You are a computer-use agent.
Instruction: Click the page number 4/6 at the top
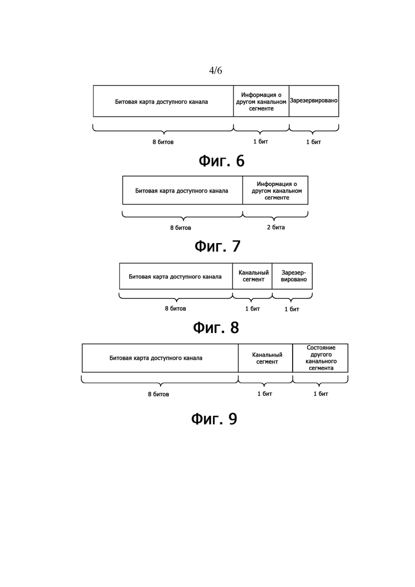(215, 70)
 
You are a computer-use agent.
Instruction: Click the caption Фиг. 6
(221, 161)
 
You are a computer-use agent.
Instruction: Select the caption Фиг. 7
(218, 246)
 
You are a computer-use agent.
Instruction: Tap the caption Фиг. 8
(216, 328)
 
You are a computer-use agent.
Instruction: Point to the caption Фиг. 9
(214, 418)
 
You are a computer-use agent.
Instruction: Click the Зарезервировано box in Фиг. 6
(314, 101)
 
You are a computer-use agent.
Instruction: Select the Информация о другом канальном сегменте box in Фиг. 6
(261, 101)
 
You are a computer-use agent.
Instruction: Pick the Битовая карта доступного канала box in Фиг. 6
(163, 101)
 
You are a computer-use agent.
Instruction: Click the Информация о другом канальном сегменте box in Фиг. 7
(276, 190)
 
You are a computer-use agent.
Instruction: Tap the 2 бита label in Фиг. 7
(276, 227)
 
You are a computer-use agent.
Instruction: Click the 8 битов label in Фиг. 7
(181, 228)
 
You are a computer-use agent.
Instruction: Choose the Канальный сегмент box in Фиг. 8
(252, 276)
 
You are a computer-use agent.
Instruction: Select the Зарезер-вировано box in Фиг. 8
(292, 276)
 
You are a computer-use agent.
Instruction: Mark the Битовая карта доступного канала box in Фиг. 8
(176, 276)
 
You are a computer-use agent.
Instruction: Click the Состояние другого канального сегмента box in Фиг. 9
(320, 358)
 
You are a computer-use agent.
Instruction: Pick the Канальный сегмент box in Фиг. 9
(265, 358)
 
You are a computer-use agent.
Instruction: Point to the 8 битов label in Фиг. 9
(159, 394)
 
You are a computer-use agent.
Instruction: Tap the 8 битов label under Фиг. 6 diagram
(163, 142)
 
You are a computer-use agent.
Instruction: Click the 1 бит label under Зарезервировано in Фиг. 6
(313, 142)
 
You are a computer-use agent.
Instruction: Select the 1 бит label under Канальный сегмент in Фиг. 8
(253, 309)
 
